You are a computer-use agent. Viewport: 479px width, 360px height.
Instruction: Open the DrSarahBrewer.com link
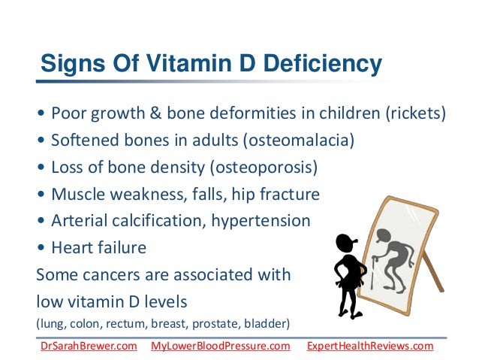(x=88, y=346)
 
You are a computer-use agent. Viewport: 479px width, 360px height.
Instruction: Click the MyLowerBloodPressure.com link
(x=220, y=346)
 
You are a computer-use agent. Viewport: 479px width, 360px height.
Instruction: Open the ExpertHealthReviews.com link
(x=370, y=346)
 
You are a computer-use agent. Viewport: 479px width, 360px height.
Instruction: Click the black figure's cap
(x=345, y=241)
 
